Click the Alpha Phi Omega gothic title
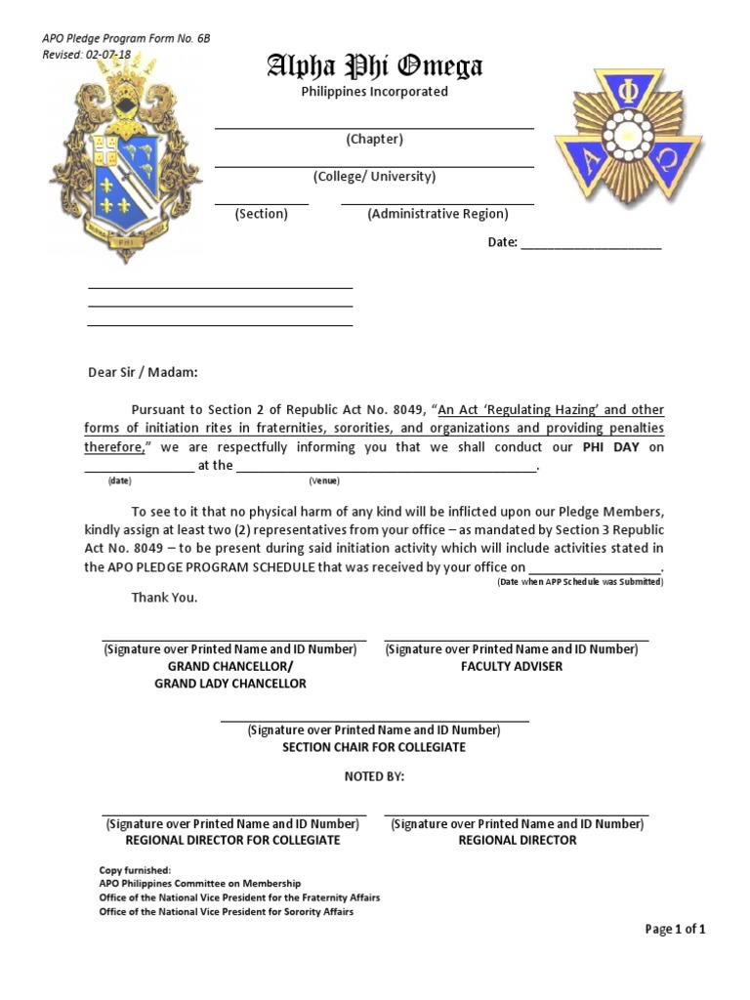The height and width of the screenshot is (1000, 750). (375, 66)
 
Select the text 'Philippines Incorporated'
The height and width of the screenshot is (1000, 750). (375, 92)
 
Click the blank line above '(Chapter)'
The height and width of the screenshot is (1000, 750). (374, 127)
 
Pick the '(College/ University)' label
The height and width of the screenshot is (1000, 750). (374, 177)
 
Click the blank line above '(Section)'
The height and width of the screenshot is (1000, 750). (261, 203)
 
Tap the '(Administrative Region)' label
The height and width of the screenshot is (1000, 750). (437, 214)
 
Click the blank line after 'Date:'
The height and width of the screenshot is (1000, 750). (591, 248)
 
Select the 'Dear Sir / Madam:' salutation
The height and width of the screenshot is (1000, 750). (143, 372)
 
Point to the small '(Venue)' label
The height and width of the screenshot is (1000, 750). (323, 481)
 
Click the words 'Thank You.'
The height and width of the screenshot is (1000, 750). (164, 598)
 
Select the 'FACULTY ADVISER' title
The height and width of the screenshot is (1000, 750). (512, 667)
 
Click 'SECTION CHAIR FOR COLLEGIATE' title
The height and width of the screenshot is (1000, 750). (374, 747)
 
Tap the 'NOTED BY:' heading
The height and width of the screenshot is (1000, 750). (374, 777)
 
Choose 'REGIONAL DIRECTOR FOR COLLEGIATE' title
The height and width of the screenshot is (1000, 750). (232, 840)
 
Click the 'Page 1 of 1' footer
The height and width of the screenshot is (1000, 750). (675, 930)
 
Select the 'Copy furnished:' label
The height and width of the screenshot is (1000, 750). (135, 870)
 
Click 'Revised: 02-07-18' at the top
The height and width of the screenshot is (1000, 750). (87, 55)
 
